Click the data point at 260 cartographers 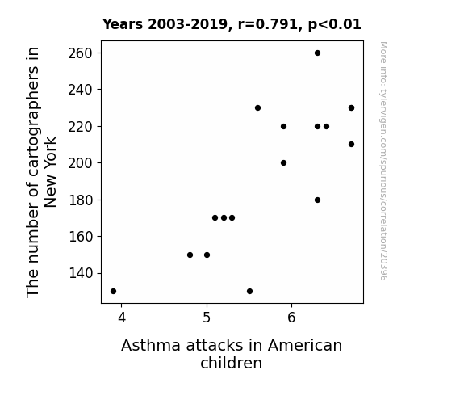click(x=317, y=53)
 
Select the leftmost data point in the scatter click(x=113, y=292)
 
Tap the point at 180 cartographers click(x=317, y=200)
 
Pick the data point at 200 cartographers click(x=283, y=162)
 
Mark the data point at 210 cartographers click(x=351, y=145)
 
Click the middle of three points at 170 click(x=224, y=218)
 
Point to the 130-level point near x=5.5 click(x=249, y=292)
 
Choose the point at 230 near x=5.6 click(x=257, y=108)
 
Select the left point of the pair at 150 click(x=190, y=255)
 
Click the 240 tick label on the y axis click(x=80, y=90)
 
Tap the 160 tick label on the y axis click(x=80, y=237)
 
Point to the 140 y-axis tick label click(x=80, y=273)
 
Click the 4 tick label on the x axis click(x=122, y=318)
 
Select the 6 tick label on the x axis click(x=291, y=318)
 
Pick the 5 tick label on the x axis click(x=207, y=318)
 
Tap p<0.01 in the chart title click(x=334, y=25)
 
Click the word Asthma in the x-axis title click(x=151, y=346)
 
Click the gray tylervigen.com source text click(x=383, y=161)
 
